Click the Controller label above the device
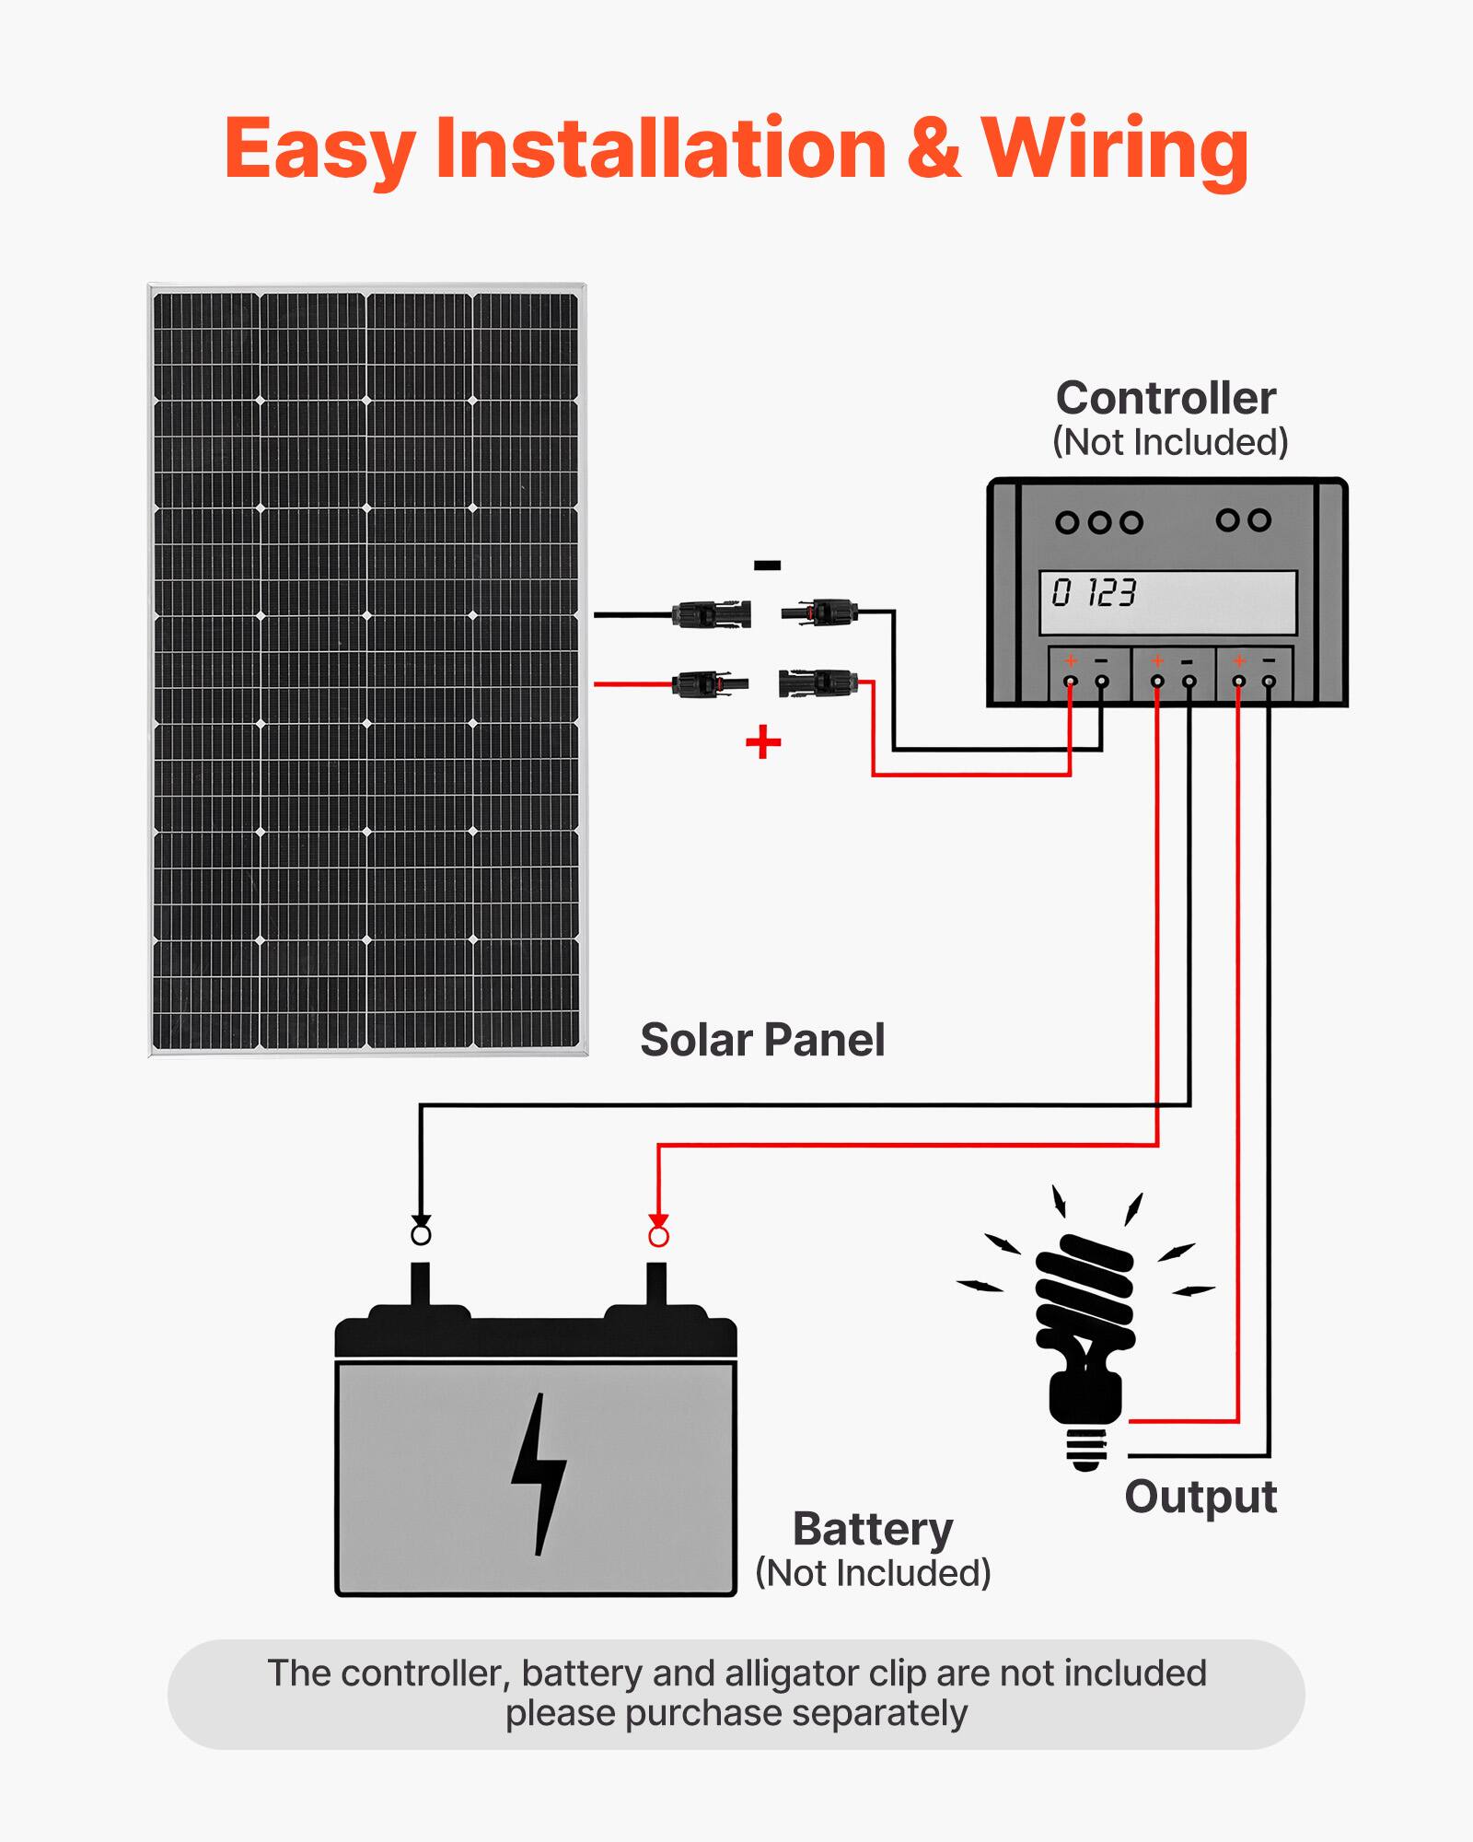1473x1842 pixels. point(1166,398)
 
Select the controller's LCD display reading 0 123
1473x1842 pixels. point(1167,602)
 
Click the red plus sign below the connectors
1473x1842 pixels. point(763,741)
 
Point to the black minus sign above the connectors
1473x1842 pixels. point(767,565)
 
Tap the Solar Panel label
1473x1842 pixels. point(762,1040)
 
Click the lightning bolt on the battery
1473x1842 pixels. point(539,1474)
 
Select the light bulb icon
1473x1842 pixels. point(1086,1335)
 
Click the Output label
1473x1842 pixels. point(1200,1497)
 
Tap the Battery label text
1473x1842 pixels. point(873,1530)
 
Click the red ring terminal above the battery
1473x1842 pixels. point(658,1236)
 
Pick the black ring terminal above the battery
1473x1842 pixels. point(421,1234)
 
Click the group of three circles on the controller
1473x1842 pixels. point(1098,523)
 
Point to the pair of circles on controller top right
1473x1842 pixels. point(1243,520)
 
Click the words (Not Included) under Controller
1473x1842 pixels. point(1170,443)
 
